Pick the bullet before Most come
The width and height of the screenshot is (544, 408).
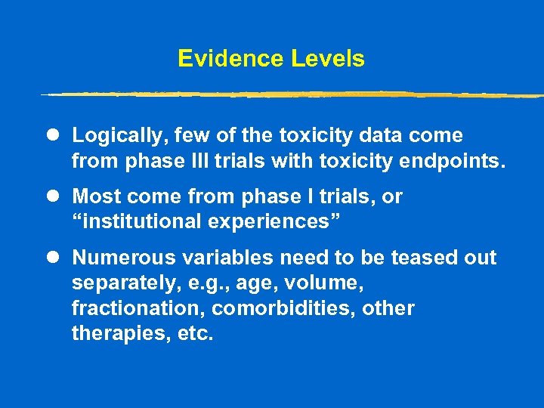tap(51, 197)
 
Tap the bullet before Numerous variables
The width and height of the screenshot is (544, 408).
tap(51, 258)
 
